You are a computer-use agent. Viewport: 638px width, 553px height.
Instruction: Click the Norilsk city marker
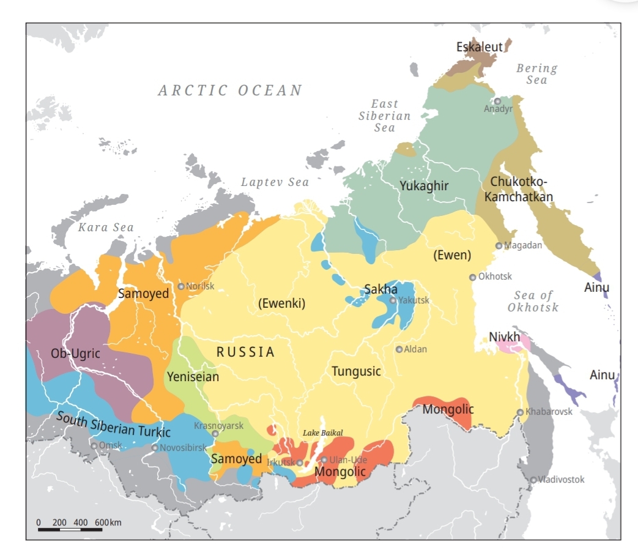coord(181,286)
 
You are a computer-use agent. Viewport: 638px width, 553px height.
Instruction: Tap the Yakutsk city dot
coord(393,300)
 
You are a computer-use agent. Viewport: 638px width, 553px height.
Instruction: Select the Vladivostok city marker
coord(533,480)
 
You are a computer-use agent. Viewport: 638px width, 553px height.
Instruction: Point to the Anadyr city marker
coord(497,102)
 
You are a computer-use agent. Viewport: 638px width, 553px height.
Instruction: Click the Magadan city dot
coord(499,246)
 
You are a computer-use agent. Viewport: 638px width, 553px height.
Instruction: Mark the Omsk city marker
coord(94,445)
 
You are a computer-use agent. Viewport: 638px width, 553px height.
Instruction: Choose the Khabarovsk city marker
coord(521,412)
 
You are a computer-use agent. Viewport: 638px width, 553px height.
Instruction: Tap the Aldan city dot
coord(399,349)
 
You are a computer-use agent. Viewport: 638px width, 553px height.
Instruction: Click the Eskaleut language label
coord(480,47)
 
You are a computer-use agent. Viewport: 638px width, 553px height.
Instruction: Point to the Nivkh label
coord(505,337)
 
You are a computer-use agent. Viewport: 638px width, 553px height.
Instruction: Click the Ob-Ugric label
coord(75,354)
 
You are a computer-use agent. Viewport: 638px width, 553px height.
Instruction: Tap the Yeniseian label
coord(193,377)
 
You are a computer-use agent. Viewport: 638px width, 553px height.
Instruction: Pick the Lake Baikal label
coord(323,432)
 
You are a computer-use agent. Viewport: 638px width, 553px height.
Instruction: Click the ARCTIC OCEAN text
coord(230,91)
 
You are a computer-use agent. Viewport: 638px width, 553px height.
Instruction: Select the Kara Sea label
coord(106,228)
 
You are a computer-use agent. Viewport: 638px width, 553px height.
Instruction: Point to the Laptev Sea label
coord(275,182)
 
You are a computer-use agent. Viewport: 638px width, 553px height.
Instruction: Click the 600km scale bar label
coord(108,522)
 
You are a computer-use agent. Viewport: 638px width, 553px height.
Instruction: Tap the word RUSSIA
coord(245,352)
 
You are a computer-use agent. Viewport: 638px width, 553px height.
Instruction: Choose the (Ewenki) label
coord(281,303)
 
